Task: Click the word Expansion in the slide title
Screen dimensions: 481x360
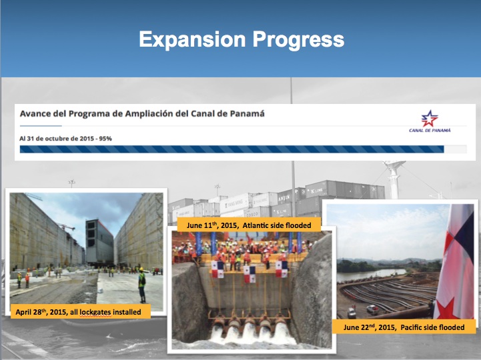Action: pos(192,39)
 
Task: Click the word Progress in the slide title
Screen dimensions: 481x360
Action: pos(298,40)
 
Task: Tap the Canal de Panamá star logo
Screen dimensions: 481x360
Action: pos(430,119)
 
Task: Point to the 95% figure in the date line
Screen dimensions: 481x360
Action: pos(105,139)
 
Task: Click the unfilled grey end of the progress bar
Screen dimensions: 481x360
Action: pos(455,149)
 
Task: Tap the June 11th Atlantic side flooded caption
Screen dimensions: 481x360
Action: pos(249,225)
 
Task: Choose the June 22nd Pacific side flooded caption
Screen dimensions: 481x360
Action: pos(404,327)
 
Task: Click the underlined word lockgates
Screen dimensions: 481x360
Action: pos(95,312)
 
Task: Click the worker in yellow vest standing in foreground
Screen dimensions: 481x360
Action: pos(141,285)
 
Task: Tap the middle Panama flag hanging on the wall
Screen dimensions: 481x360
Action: pos(250,274)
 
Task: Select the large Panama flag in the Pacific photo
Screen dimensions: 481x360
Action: pos(455,261)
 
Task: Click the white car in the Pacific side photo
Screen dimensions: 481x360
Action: pos(372,309)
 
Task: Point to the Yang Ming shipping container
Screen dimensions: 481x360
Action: pos(235,203)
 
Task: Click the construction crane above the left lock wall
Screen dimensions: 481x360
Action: pos(66,227)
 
